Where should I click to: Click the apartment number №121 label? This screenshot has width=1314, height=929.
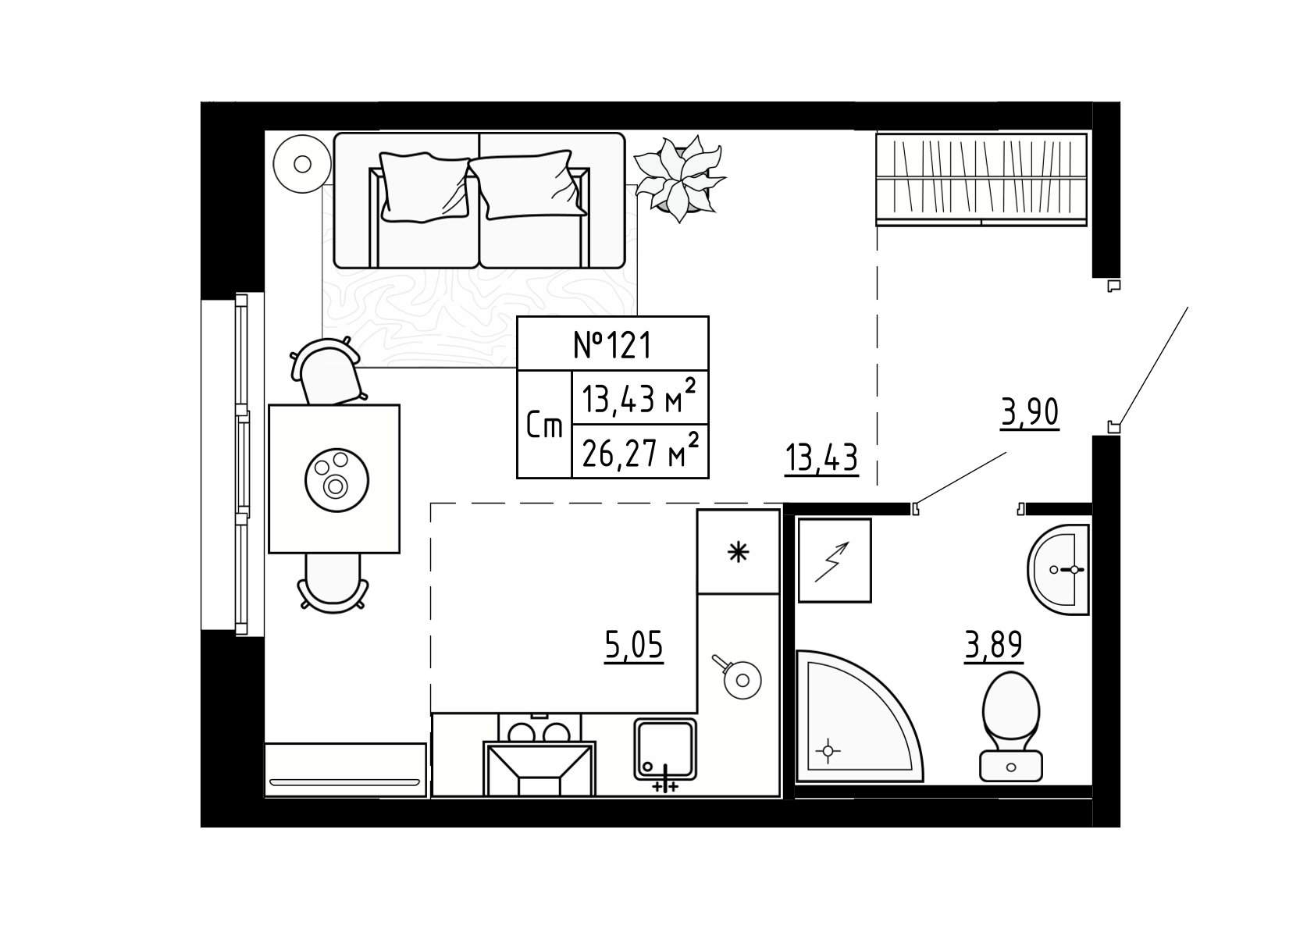point(612,345)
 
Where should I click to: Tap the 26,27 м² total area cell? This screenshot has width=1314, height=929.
point(640,452)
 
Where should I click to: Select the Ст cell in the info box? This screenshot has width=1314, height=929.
point(544,425)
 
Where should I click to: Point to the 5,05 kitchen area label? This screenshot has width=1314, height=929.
point(633,645)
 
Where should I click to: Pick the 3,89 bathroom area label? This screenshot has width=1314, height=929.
point(994,646)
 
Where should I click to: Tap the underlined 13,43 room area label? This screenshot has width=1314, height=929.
point(821,458)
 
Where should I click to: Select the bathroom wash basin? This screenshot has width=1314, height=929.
point(1059,569)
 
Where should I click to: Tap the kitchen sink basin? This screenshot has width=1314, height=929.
point(665,749)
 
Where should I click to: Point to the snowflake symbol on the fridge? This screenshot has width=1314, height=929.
point(738,553)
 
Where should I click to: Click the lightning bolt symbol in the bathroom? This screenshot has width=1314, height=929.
point(831,562)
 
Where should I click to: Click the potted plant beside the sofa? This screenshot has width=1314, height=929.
point(680,178)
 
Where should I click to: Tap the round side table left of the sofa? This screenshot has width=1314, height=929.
point(302,164)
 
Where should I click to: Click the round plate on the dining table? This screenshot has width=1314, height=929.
point(337,480)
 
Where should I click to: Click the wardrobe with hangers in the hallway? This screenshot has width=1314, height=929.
point(981,180)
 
